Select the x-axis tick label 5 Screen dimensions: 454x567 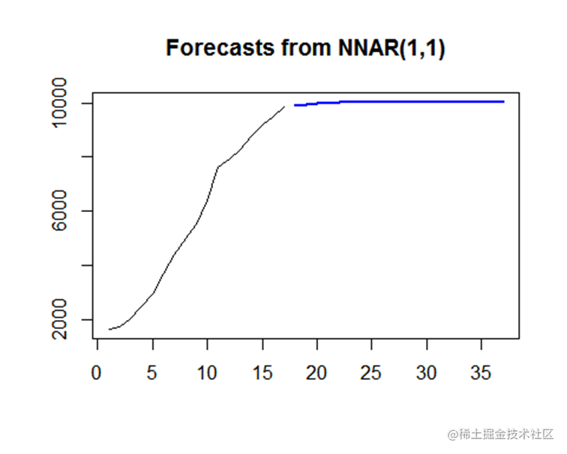153,372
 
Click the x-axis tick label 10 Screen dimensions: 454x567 208,372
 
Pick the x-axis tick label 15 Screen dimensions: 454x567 262,372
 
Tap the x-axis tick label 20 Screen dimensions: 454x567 317,372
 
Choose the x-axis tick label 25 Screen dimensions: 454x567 373,372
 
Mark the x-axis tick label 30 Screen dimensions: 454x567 427,372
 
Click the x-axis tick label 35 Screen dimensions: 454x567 482,372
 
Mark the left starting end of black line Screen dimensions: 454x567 109,329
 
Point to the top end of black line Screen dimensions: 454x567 284,106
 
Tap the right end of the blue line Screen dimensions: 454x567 503,101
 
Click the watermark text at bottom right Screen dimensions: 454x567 501,434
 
